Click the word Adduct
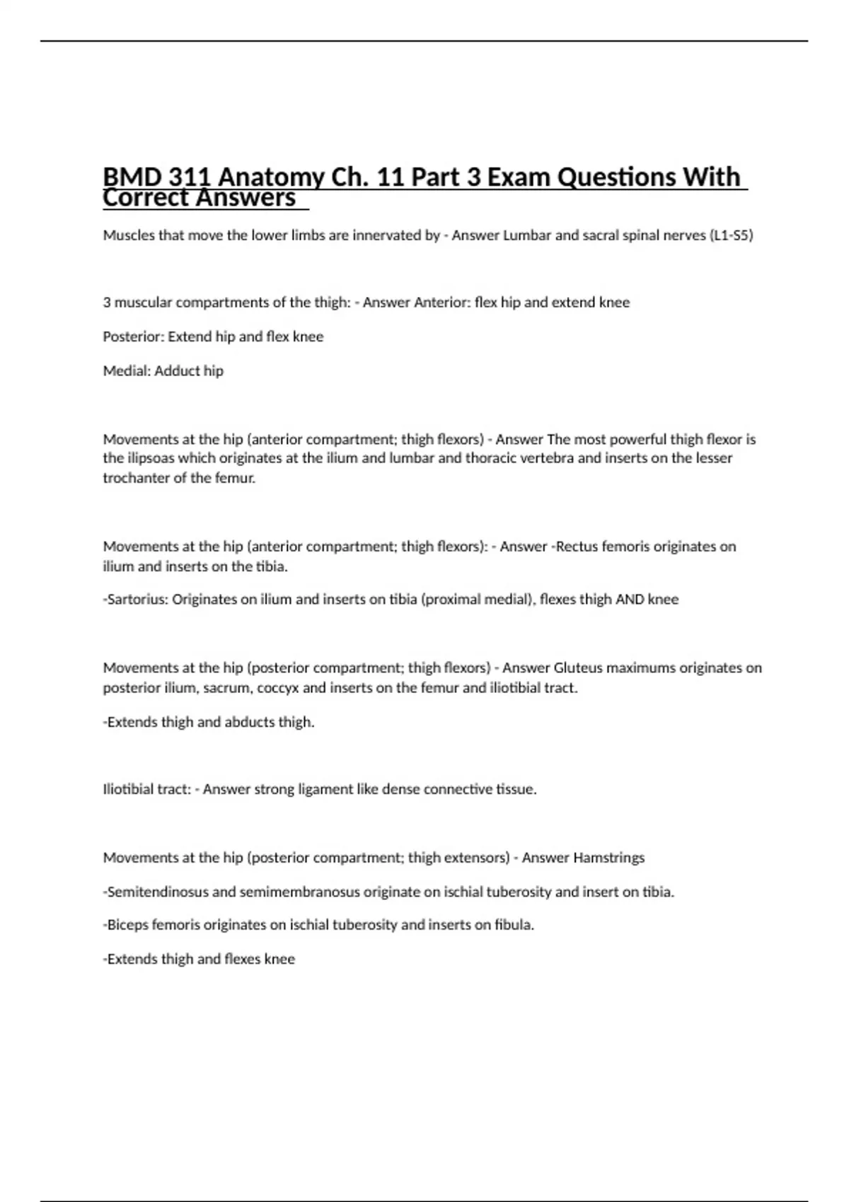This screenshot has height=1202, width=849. [178, 371]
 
